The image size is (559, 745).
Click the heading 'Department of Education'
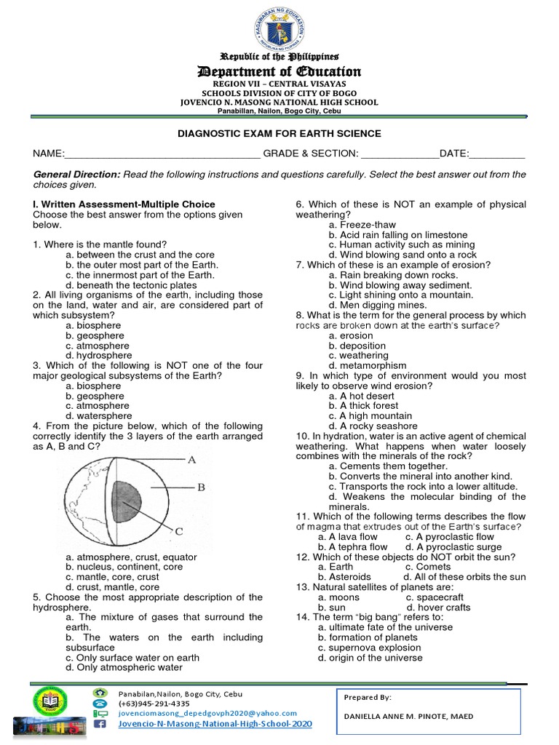(x=279, y=71)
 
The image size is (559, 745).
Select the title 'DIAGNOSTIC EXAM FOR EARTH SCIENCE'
(x=279, y=134)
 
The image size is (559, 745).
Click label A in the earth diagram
(x=192, y=460)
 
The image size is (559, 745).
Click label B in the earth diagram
(x=201, y=487)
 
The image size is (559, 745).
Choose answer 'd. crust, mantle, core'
(x=112, y=587)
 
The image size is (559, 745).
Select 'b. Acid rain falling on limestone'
(x=397, y=235)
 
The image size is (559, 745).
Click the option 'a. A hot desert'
(x=361, y=396)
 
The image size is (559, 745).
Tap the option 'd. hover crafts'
(x=439, y=607)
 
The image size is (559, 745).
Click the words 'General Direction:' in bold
(x=77, y=175)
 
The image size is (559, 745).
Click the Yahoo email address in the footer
(x=207, y=714)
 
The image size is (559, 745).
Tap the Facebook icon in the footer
(x=100, y=725)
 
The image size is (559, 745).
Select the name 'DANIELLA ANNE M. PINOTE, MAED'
(x=408, y=717)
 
